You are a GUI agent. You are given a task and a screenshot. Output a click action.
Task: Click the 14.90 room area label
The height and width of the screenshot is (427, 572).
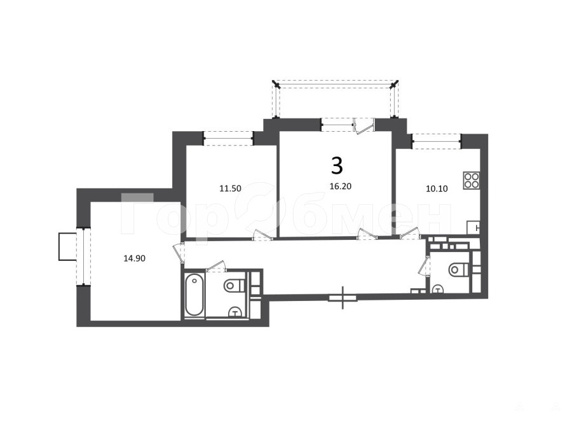click(x=134, y=258)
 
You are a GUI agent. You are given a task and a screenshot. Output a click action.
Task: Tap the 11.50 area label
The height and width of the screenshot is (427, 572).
click(x=230, y=188)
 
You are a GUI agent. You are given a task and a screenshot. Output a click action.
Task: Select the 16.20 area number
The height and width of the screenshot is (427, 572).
click(x=341, y=186)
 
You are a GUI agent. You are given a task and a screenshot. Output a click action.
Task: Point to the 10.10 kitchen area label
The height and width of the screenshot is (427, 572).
click(x=437, y=189)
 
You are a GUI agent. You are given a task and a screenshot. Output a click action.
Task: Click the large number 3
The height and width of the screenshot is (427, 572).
click(x=337, y=165)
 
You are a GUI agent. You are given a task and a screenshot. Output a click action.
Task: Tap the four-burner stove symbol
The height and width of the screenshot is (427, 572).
click(x=472, y=181)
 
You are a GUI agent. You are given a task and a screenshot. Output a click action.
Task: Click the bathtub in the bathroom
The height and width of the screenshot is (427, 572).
click(x=194, y=295)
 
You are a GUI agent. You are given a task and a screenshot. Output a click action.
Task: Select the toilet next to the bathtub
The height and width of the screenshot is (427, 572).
click(x=235, y=285)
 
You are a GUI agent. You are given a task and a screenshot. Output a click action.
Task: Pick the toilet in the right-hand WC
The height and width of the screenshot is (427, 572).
click(x=458, y=270)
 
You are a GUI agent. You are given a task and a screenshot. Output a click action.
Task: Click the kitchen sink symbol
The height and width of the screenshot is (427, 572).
click(x=473, y=228)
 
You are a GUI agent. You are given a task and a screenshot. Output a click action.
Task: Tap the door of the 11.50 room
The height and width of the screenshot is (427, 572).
click(x=263, y=235)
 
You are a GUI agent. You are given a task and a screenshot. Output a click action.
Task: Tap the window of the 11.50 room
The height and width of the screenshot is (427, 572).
click(x=228, y=139)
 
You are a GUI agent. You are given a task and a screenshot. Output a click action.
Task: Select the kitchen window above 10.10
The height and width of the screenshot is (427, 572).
click(x=437, y=141)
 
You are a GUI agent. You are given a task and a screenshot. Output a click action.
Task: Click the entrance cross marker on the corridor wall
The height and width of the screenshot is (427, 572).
click(x=343, y=298)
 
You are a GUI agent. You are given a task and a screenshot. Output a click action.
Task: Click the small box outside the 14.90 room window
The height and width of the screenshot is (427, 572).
click(x=67, y=247)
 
